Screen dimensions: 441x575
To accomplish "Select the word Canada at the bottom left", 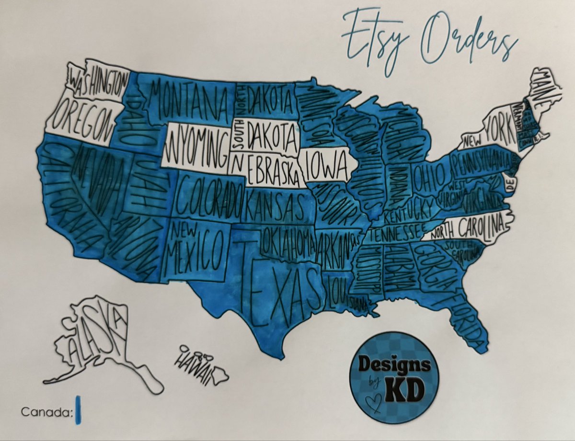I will coord(46,412).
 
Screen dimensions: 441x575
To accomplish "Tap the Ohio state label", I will coord(429,177).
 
